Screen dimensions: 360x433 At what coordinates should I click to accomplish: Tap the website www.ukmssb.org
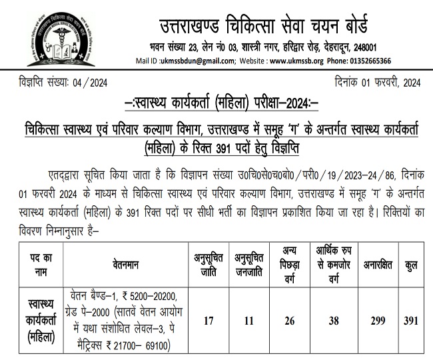pos(296,61)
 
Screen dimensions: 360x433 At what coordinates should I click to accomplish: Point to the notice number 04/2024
pos(88,83)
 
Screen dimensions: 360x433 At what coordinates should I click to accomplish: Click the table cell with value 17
pos(209,321)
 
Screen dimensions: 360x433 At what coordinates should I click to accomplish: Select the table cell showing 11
pos(249,321)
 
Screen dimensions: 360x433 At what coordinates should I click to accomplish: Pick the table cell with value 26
pos(288,321)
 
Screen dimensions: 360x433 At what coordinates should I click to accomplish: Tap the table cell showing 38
pos(334,321)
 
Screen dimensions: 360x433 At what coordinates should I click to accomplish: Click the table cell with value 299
pos(378,321)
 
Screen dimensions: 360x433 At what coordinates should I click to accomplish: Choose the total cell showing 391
pos(411,321)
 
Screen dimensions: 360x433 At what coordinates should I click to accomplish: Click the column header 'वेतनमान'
pos(125,265)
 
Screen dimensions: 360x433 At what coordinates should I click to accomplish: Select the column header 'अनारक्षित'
pos(379,265)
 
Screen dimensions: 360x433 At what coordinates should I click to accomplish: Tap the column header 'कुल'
pos(411,265)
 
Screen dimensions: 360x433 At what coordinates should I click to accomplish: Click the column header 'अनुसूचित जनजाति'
pos(249,265)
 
